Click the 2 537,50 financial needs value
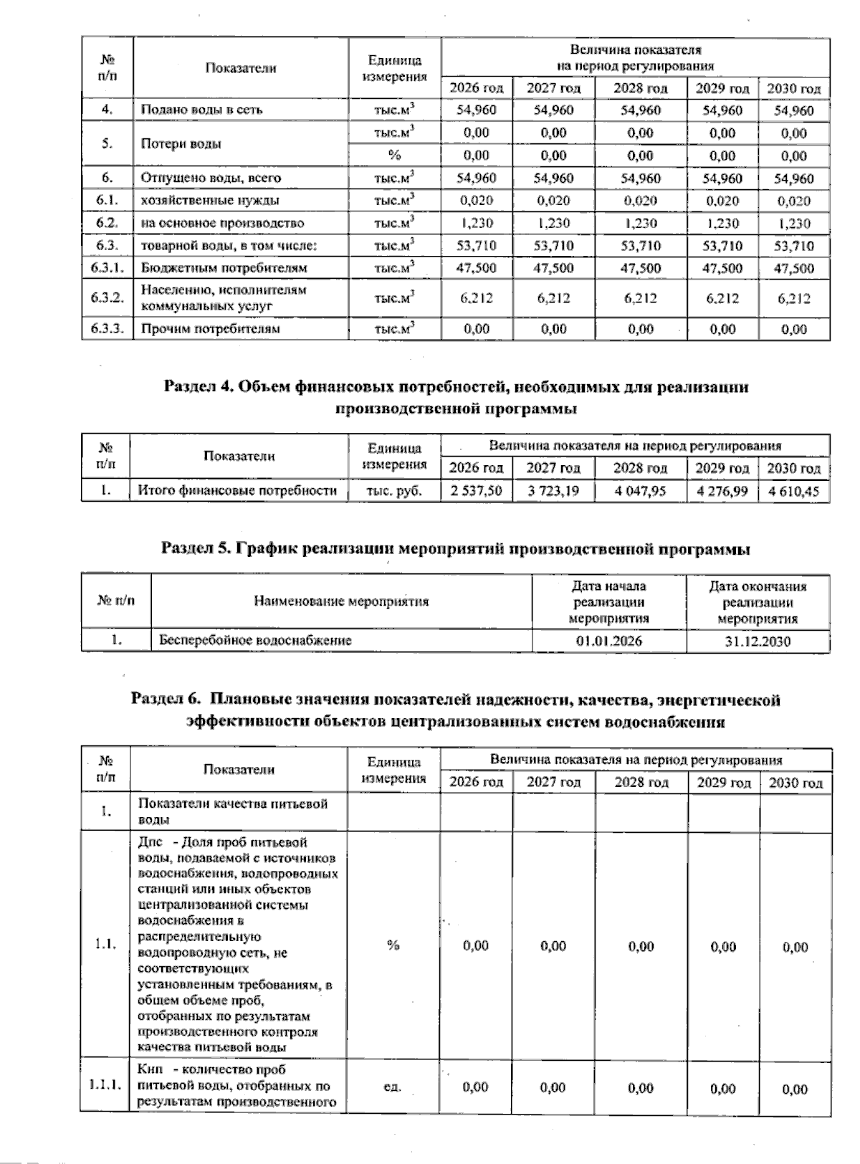click(x=476, y=492)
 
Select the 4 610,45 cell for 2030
click(x=794, y=492)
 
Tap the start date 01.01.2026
click(x=609, y=641)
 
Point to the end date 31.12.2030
click(x=758, y=641)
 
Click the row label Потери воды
click(x=181, y=143)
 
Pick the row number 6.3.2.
click(x=107, y=298)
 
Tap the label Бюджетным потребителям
click(x=224, y=268)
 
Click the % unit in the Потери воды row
click(x=394, y=156)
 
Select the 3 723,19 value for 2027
click(x=553, y=492)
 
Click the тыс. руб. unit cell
click(x=394, y=492)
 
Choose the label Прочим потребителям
click(x=210, y=329)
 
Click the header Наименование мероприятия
click(x=341, y=601)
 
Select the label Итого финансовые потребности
click(x=237, y=491)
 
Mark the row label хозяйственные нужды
click(x=210, y=201)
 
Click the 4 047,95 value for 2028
click(x=640, y=492)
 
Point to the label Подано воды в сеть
click(x=201, y=110)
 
